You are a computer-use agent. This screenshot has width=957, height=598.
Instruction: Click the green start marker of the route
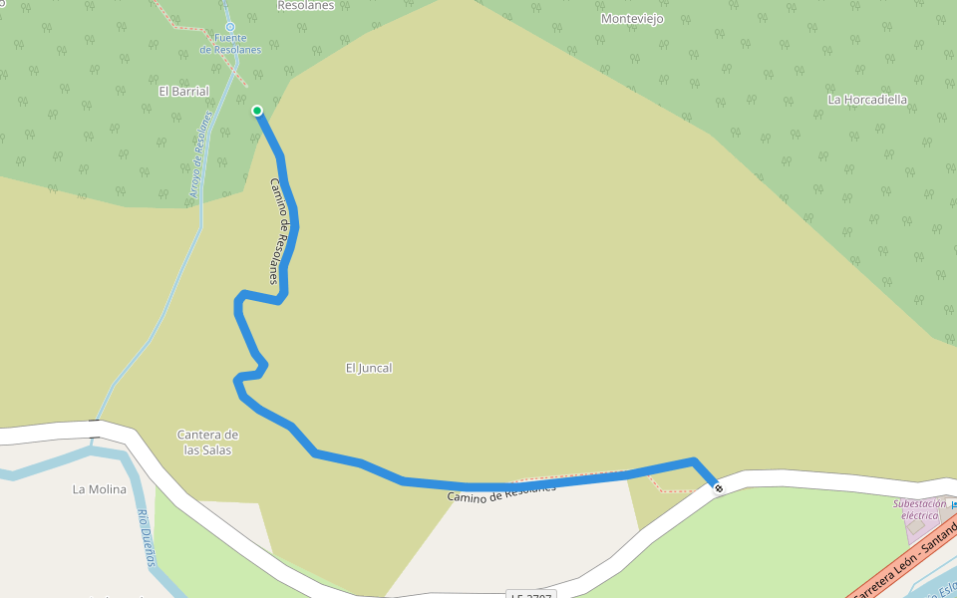(x=257, y=111)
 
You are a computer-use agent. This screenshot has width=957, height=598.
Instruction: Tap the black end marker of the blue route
(x=718, y=487)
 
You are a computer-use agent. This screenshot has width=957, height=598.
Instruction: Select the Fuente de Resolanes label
(x=229, y=44)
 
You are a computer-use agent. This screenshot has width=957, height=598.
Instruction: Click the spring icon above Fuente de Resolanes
(x=230, y=27)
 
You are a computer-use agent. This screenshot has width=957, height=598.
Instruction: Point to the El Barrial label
(x=183, y=91)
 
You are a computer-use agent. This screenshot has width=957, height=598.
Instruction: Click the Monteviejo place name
(x=632, y=19)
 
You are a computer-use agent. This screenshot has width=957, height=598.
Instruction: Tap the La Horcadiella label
(x=867, y=100)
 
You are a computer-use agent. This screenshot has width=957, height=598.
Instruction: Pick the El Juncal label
(x=369, y=368)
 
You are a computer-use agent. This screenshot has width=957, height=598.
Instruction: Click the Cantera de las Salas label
(x=207, y=442)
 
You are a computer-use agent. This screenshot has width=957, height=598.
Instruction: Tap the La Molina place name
(x=100, y=489)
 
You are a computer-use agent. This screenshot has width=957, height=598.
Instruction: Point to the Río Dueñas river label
(x=146, y=536)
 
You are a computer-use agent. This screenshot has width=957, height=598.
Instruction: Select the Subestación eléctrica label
(x=919, y=509)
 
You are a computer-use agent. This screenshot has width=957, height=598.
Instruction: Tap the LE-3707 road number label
(x=528, y=594)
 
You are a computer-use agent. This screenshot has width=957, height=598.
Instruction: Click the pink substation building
(x=922, y=530)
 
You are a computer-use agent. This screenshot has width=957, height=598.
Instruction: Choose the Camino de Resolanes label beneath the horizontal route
(x=500, y=491)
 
